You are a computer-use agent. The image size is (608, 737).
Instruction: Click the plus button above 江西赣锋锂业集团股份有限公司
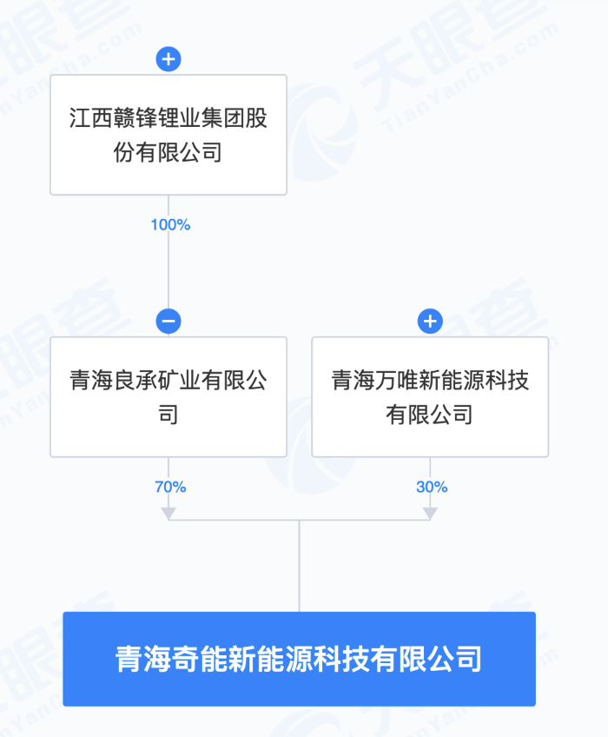[169, 59]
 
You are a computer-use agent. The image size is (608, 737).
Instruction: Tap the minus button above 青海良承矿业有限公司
[169, 322]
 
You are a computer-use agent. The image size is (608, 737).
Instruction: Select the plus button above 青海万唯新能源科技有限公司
[430, 322]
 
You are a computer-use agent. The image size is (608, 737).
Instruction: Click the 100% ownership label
[170, 225]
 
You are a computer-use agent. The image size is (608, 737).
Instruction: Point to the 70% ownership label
[170, 487]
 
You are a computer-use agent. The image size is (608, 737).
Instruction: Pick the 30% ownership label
[432, 487]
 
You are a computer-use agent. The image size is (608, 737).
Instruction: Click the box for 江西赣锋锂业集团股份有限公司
[169, 135]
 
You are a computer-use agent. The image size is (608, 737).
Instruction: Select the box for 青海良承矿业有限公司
[169, 396]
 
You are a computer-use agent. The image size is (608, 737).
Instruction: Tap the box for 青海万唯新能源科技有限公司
[430, 396]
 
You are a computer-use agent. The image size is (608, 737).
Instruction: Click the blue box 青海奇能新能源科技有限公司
[300, 659]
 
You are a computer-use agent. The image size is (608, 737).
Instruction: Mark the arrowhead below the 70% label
[169, 514]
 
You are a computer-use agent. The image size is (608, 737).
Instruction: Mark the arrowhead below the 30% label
[430, 514]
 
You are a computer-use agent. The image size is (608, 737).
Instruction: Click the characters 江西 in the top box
[91, 117]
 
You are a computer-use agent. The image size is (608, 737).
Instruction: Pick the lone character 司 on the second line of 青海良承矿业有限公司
[169, 414]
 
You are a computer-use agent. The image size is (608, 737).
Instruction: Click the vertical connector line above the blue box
[300, 566]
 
